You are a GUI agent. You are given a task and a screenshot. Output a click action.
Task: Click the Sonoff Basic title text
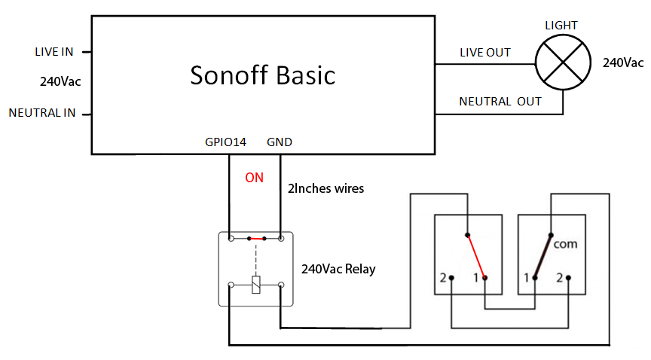pos(262,75)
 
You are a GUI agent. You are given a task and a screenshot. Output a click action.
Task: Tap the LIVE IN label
pos(54,52)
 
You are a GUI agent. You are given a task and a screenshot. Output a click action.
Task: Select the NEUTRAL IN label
pos(42,113)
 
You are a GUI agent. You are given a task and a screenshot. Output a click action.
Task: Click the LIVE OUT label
pos(485,53)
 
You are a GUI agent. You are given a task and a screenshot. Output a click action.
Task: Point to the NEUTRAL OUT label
pos(500,101)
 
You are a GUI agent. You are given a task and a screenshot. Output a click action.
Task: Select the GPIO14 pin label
pos(225,142)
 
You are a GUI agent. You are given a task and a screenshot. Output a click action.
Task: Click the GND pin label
pos(280,142)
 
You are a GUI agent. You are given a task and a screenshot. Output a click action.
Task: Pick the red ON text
pos(255,178)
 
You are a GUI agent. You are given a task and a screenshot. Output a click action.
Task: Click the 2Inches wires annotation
pos(325,188)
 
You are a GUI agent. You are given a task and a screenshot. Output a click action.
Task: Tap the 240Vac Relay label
pos(338,268)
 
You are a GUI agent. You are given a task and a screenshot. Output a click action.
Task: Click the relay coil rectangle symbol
pos(256,285)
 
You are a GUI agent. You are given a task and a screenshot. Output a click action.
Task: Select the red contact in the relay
pos(257,239)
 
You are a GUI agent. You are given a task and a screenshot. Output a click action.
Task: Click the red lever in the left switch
pos(476,255)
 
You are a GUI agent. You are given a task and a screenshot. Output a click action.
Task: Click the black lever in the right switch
pos(542,256)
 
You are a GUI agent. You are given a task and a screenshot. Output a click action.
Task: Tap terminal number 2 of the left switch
pos(442,278)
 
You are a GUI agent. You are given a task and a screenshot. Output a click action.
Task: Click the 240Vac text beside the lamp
pos(622,63)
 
